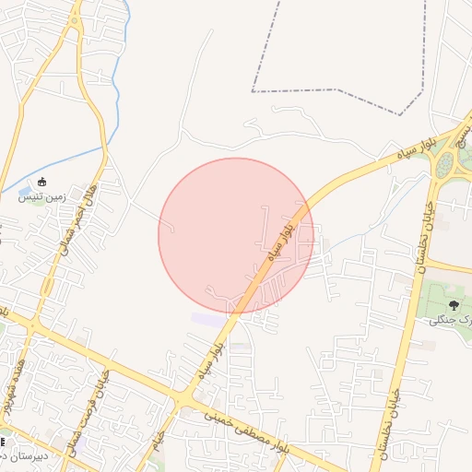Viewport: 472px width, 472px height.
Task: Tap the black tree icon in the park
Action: [453, 304]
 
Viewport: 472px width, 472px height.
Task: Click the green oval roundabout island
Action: [446, 165]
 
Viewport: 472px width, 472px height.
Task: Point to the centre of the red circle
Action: [236, 236]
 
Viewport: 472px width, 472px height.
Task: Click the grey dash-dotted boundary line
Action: [336, 91]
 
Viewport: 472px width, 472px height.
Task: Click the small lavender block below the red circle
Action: [208, 319]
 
